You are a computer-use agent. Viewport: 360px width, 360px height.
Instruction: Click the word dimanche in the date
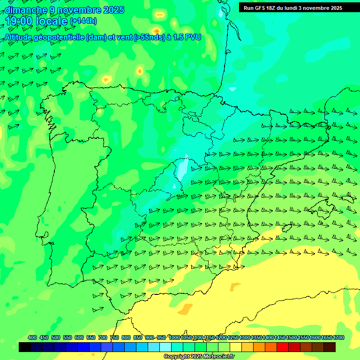pyautogui.click(x=26, y=10)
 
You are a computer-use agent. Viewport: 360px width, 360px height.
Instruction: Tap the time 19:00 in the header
pyautogui.click(x=20, y=21)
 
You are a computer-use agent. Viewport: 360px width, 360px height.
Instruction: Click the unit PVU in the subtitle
pyautogui.click(x=193, y=37)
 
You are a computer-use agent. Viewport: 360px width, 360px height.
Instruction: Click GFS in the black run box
pyautogui.click(x=261, y=8)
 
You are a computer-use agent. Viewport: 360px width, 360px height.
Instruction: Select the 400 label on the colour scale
pyautogui.click(x=32, y=338)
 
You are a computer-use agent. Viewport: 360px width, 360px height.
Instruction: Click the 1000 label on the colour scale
pyautogui.click(x=174, y=338)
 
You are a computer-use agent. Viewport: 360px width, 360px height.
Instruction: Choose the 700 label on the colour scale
pyautogui.click(x=103, y=338)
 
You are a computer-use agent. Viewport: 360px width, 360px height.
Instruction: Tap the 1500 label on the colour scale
pyautogui.click(x=292, y=338)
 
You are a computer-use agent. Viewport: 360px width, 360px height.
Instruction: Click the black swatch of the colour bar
pyautogui.click(x=25, y=347)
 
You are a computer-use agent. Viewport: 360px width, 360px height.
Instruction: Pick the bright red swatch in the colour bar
pyautogui.click(x=283, y=347)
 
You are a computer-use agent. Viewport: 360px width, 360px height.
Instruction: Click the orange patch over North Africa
pyautogui.click(x=185, y=309)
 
